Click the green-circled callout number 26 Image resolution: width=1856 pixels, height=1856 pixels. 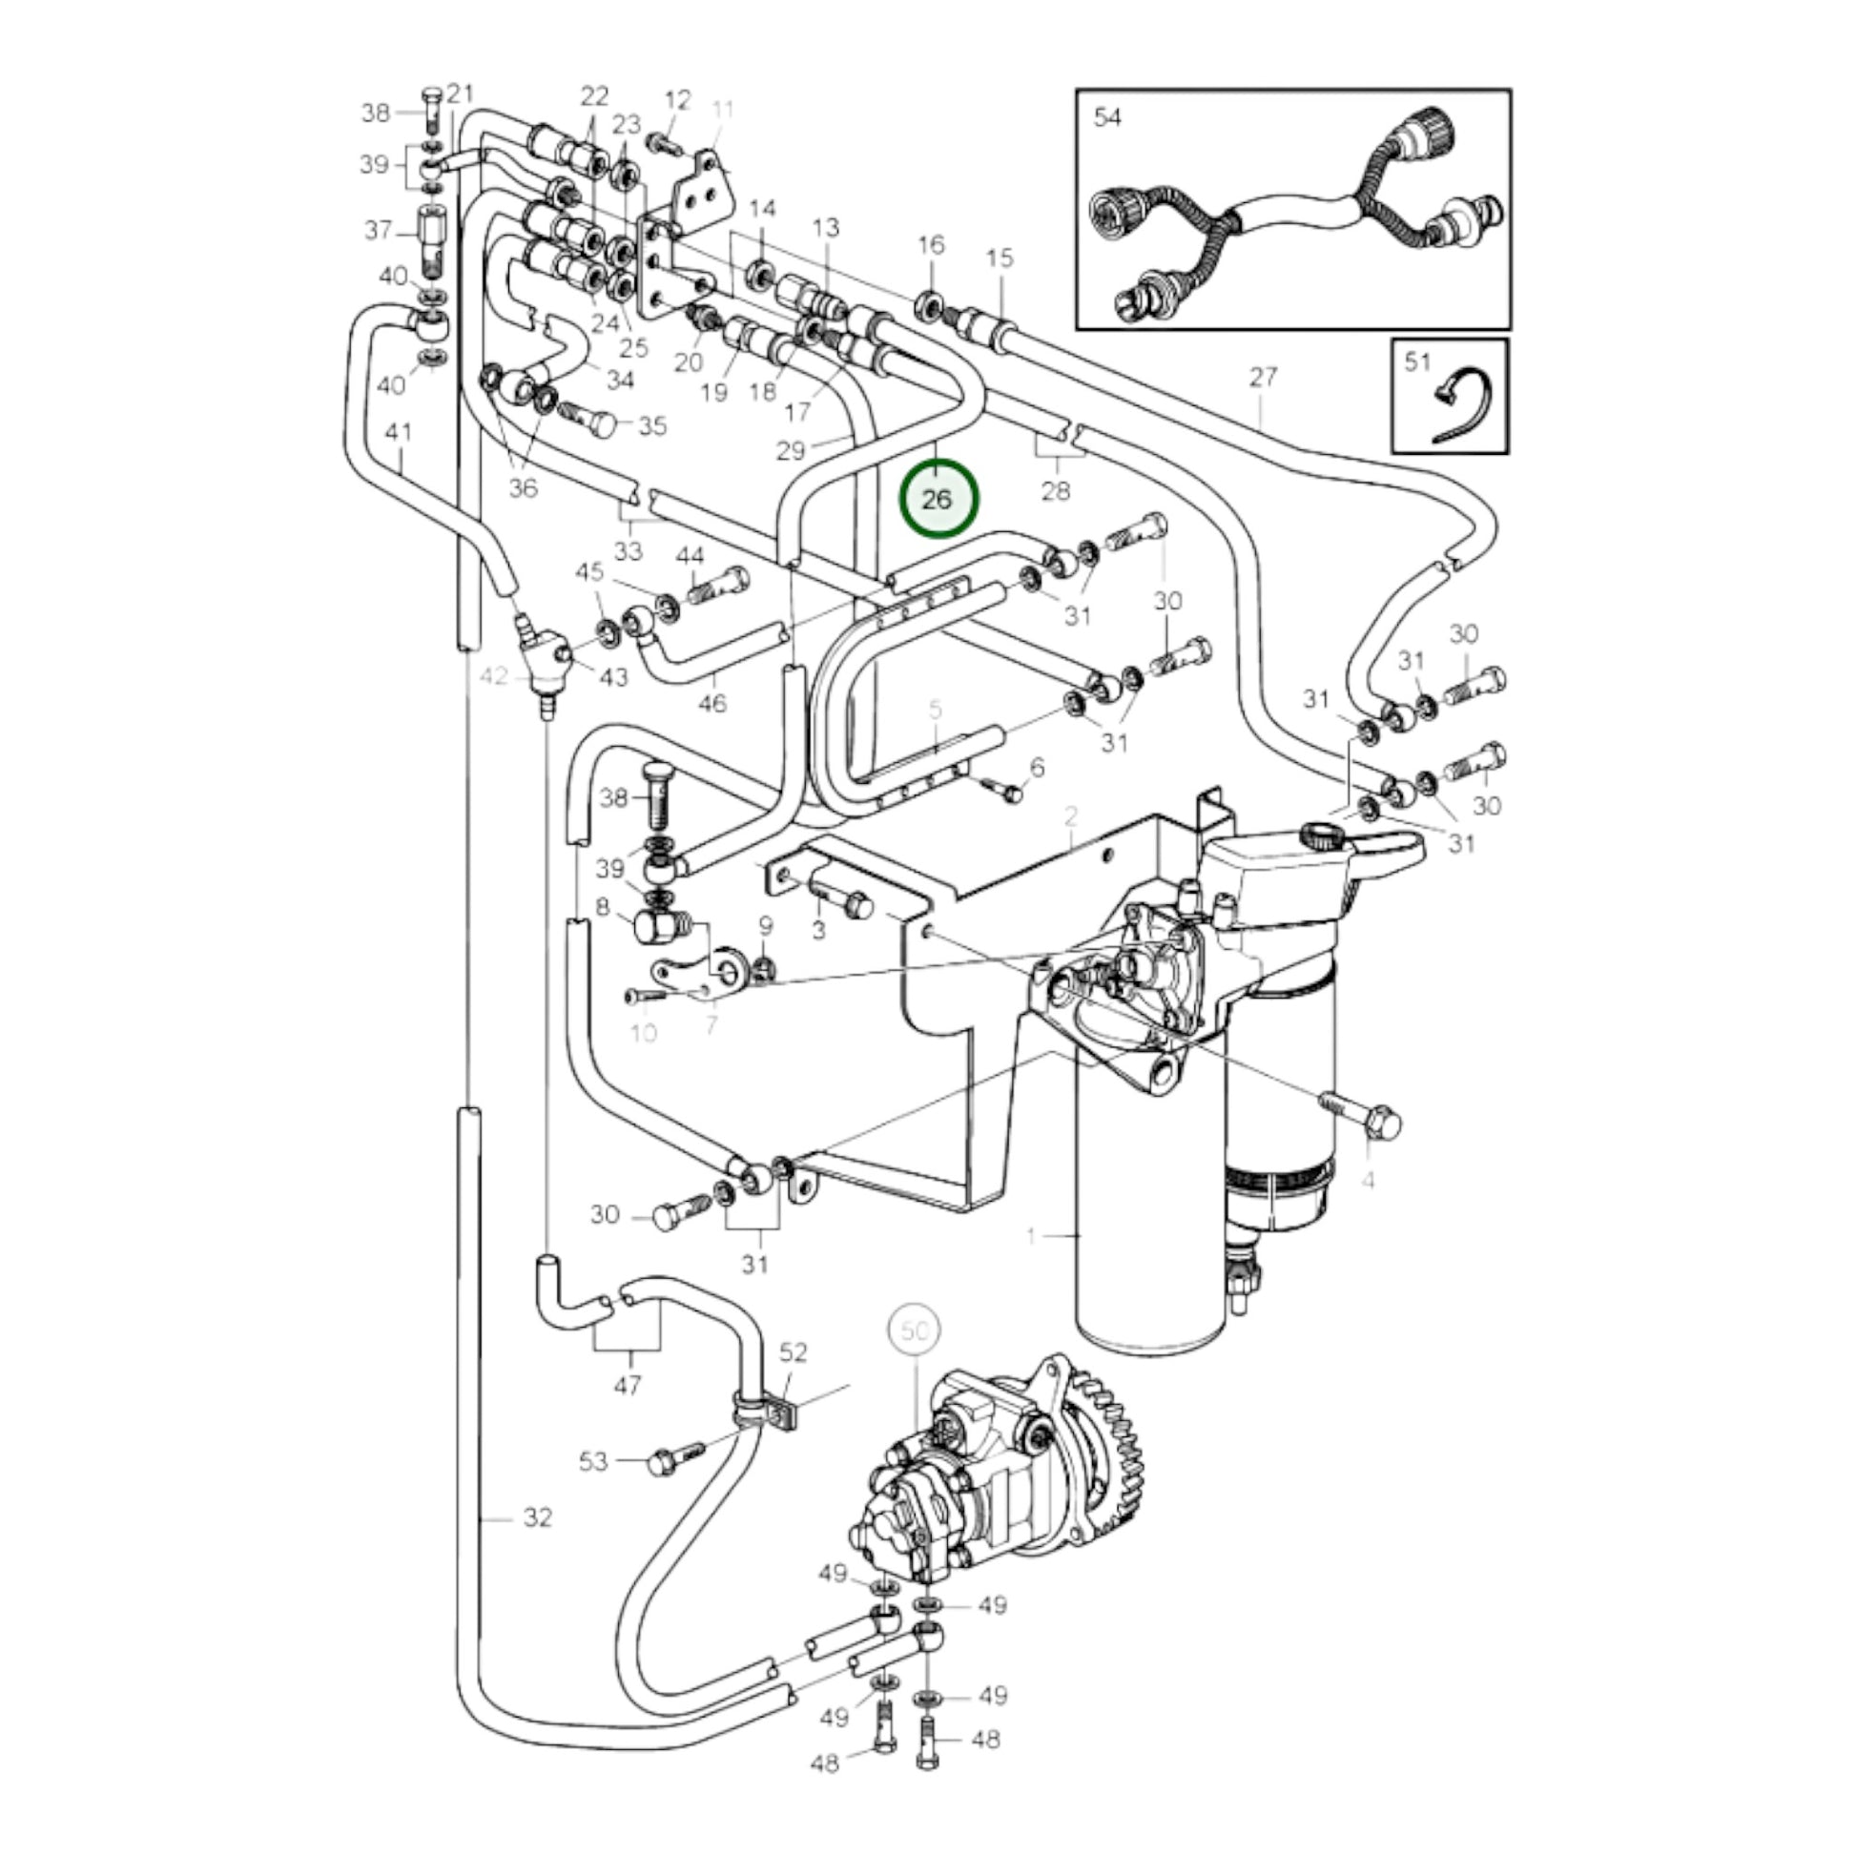pyautogui.click(x=936, y=500)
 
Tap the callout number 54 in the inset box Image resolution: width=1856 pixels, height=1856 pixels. pyautogui.click(x=1107, y=117)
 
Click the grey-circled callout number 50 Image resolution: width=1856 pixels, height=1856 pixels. pyautogui.click(x=915, y=1330)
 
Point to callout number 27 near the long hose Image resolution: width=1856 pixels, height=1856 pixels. pyautogui.click(x=1264, y=377)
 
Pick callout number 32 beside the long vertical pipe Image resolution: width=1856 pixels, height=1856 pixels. pyautogui.click(x=538, y=1544)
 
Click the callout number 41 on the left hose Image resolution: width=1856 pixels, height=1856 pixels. pyautogui.click(x=399, y=432)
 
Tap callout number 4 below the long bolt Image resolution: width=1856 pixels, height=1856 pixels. pyautogui.click(x=1367, y=1180)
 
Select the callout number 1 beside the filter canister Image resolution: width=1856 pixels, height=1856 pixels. pyautogui.click(x=1031, y=1235)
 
